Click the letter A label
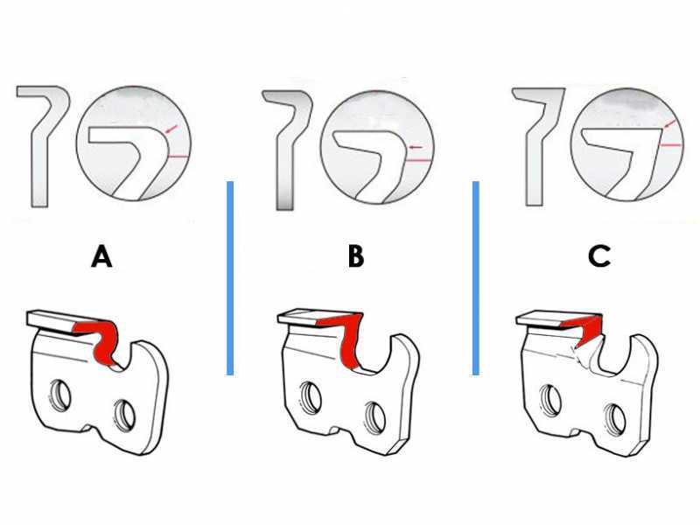coord(101,257)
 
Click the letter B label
coord(356,257)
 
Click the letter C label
coord(599,256)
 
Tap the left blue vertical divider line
coord(230,278)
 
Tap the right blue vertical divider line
coord(476,278)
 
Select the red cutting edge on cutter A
coord(105,339)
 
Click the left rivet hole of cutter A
coord(60,395)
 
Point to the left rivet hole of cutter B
coord(311,396)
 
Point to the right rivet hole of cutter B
coord(375,417)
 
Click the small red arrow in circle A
coord(171,129)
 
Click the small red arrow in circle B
coord(416,147)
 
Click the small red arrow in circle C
coord(668,123)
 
